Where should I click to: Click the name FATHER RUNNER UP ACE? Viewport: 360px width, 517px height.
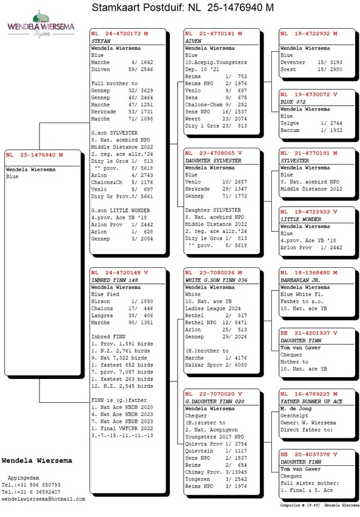click(312, 401)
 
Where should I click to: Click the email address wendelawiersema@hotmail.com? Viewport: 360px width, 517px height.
click(44, 498)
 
